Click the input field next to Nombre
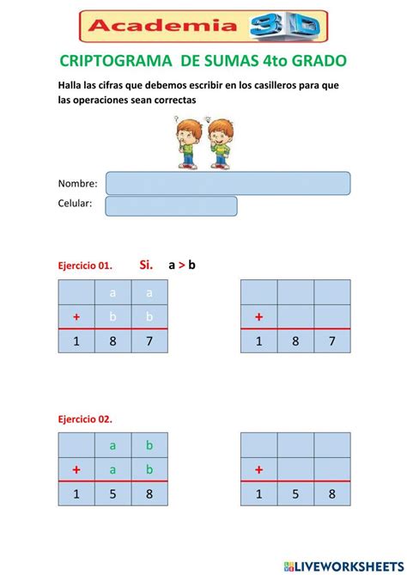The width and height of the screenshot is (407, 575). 228,183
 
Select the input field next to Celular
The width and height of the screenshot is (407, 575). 171,205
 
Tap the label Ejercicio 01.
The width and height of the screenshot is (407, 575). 84,266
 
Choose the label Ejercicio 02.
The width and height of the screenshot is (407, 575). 84,419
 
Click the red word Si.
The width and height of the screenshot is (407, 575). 145,265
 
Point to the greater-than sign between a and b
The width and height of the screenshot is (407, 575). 181,265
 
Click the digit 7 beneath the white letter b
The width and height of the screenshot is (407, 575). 149,342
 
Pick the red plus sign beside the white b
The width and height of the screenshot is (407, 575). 76,317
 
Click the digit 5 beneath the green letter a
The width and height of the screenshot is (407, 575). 112,495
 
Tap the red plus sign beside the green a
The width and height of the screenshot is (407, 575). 76,469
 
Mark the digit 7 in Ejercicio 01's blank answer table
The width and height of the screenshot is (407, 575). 332,342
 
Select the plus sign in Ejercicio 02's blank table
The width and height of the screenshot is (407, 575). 258,469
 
